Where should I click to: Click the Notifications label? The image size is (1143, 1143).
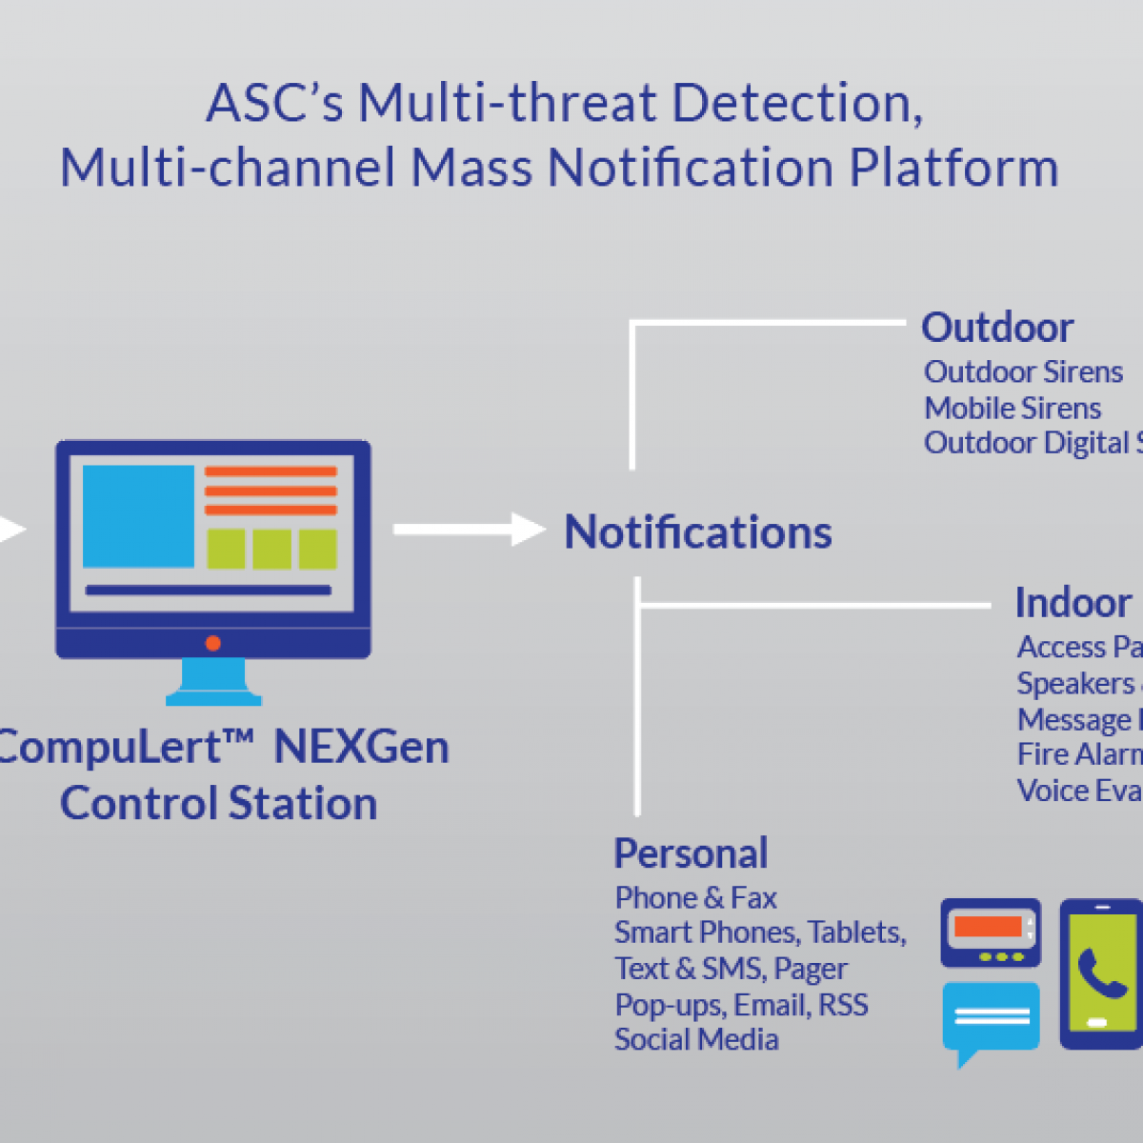tap(697, 531)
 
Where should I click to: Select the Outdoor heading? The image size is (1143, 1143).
tap(997, 328)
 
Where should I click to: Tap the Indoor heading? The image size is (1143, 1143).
tap(1073, 603)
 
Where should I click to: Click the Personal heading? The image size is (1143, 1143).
tap(691, 853)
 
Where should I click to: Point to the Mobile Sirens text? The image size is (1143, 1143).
tap(1013, 408)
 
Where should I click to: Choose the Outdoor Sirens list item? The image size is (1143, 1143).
tap(1023, 371)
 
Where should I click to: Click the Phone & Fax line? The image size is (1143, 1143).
tap(695, 897)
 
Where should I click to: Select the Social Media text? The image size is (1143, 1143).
tap(696, 1039)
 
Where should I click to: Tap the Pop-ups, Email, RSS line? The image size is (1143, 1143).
tap(741, 1005)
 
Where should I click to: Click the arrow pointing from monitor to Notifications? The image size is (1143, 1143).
tap(469, 530)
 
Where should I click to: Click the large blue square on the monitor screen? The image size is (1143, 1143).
tap(138, 516)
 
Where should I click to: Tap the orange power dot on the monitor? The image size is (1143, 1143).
tap(213, 643)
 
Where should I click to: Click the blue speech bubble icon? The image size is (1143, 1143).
tap(991, 1017)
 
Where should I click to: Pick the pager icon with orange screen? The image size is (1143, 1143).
tap(991, 932)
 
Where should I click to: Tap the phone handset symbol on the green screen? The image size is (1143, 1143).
tap(1103, 973)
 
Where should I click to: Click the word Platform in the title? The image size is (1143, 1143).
tap(953, 168)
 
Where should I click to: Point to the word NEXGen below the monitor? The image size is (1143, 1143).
tap(361, 747)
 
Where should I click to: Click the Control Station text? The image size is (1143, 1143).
tap(218, 803)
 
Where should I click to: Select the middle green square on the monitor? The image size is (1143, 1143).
tap(271, 550)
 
